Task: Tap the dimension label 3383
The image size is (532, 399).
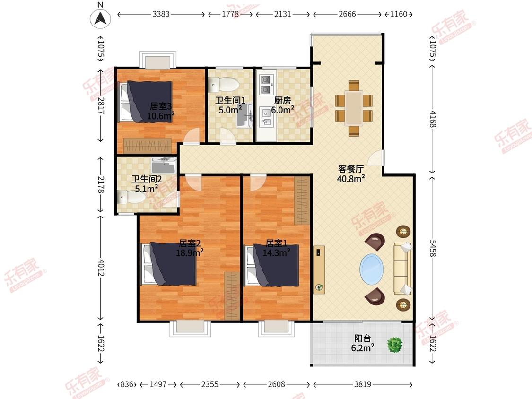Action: (161, 14)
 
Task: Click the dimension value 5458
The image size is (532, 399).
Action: (433, 248)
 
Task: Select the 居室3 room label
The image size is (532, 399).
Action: (161, 106)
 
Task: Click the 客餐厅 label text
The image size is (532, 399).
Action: (351, 169)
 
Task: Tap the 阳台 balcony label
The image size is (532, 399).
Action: (362, 338)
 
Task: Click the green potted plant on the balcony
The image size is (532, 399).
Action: (395, 344)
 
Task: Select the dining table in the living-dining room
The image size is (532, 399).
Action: (354, 108)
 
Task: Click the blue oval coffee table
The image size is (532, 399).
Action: (372, 270)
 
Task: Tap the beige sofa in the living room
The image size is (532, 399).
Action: (402, 269)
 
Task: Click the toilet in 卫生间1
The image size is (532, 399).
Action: (224, 85)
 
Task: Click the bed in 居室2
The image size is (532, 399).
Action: (169, 264)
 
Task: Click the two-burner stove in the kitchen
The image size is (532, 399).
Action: (265, 84)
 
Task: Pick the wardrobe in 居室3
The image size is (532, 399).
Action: (147, 146)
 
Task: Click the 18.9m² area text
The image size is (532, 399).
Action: (190, 252)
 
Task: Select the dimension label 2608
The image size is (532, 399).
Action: (277, 384)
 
